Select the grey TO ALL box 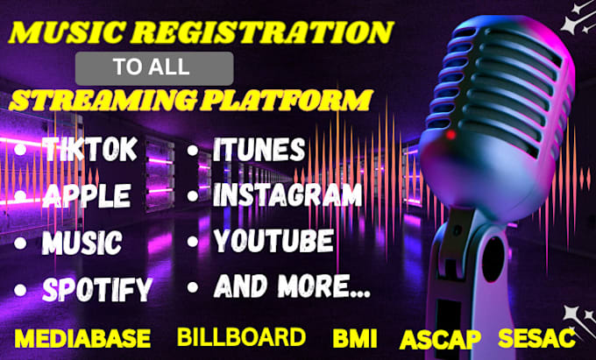[x=154, y=67]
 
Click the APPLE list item [x=89, y=194]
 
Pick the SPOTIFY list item [x=96, y=287]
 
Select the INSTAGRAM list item [x=287, y=194]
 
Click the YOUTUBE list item [x=273, y=239]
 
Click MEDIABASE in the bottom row [x=83, y=338]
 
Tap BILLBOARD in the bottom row [x=241, y=337]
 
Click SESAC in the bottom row [x=536, y=338]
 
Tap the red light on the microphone [x=451, y=136]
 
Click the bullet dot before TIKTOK [x=19, y=152]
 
